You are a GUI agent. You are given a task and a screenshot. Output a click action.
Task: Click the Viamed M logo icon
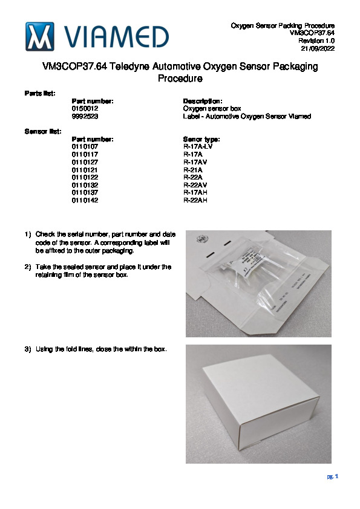point(40,36)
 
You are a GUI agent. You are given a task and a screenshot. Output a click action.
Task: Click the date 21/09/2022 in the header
point(318,49)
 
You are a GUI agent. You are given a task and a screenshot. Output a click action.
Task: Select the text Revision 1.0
point(316,41)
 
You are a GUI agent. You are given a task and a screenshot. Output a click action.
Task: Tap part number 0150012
point(85,109)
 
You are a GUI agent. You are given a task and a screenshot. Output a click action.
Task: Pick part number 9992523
point(85,116)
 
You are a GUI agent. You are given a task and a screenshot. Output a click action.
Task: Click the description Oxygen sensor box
point(212,109)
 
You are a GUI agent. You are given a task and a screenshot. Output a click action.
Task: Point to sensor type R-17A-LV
point(197,147)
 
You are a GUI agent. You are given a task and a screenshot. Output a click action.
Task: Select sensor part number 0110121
point(85,170)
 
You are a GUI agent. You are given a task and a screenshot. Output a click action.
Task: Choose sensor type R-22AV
point(195,185)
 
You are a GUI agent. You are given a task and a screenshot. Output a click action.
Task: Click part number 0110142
point(85,200)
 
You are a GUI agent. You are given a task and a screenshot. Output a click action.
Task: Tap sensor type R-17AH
point(195,192)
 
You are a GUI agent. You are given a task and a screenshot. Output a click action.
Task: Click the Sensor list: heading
point(43,131)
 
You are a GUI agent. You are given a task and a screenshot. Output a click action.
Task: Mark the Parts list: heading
point(40,94)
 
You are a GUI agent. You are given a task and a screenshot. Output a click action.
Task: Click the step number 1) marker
point(28,235)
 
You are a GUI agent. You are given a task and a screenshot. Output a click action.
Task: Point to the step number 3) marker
point(28,349)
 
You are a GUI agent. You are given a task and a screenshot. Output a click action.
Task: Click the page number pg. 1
point(333,476)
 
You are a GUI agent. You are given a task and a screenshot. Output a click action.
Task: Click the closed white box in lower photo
point(261,402)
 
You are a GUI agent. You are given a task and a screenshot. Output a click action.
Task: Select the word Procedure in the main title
point(180,79)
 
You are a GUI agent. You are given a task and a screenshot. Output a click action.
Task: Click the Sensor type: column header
point(201,139)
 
